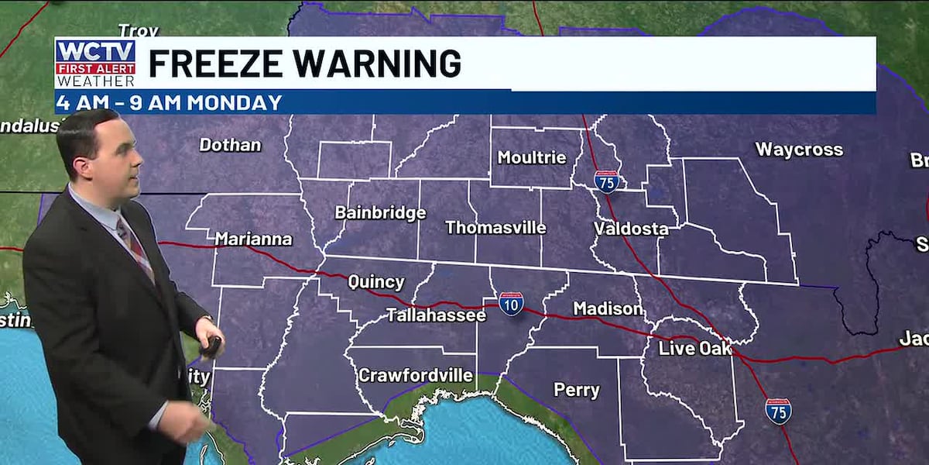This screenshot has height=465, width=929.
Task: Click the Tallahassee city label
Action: (436, 315)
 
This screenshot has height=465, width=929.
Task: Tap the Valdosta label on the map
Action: (631, 229)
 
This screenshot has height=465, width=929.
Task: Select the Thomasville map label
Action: (495, 228)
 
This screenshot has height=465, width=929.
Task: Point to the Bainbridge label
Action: (380, 212)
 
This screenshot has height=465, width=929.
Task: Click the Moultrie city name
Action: (532, 157)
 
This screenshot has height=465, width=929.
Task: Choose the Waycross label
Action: (799, 150)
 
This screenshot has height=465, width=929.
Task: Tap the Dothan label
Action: (230, 145)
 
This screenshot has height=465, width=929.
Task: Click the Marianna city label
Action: (253, 239)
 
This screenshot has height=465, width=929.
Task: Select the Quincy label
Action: (375, 282)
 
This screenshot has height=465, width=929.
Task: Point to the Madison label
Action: (608, 308)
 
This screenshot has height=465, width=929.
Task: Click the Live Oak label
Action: (694, 349)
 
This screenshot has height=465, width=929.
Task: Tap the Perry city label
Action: (577, 390)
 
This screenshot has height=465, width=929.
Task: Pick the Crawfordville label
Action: (416, 376)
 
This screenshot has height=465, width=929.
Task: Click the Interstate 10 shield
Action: (511, 303)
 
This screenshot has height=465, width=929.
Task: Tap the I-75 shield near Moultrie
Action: (607, 181)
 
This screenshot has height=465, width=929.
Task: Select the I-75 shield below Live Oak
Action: (778, 411)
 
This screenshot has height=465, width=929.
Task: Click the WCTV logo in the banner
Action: (95, 63)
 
